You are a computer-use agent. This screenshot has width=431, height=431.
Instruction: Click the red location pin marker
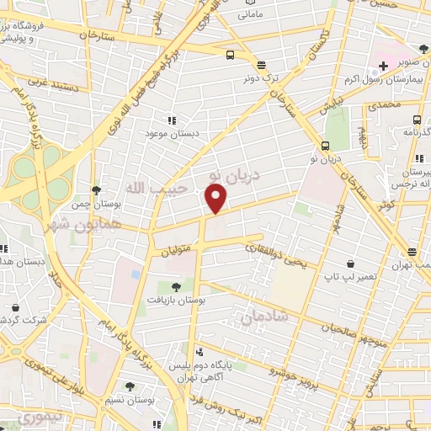[x=216, y=199]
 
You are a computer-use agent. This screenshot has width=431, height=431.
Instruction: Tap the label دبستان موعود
[x=169, y=134]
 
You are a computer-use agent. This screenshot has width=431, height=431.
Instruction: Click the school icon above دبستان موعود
[x=173, y=120]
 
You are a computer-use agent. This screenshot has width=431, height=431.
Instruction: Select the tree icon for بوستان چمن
[x=98, y=190]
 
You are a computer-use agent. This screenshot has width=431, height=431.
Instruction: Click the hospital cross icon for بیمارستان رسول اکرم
[x=383, y=65]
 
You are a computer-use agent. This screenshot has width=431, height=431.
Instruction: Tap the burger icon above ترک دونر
[x=261, y=64]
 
